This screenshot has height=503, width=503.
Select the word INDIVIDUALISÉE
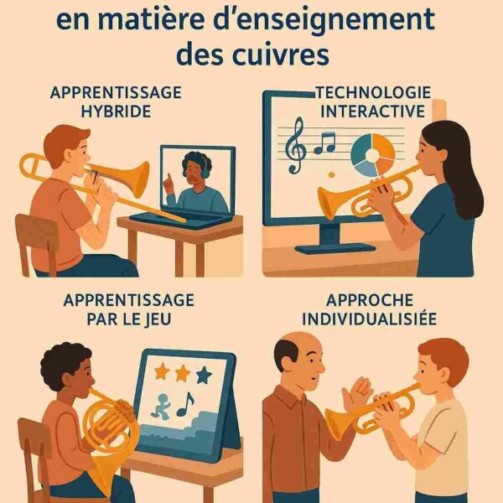[375, 319]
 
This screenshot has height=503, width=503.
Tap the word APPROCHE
[375, 299]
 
